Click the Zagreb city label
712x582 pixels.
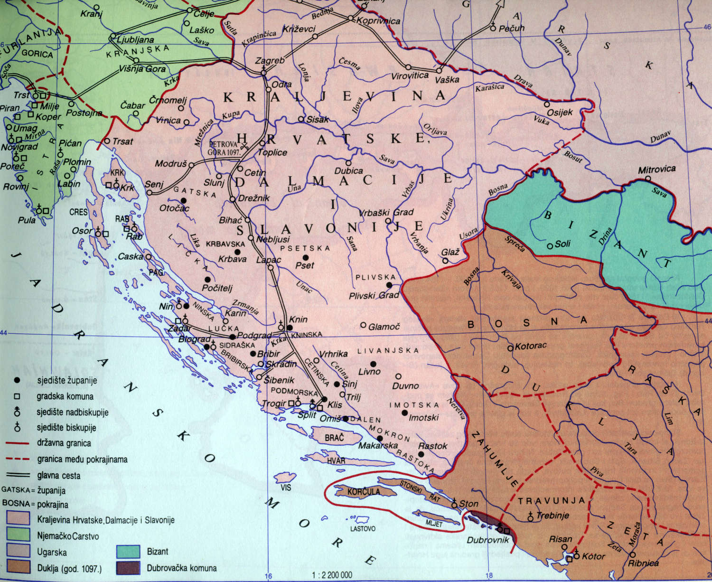click(270, 61)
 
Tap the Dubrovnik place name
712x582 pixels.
click(487, 540)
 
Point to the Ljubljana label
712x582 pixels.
click(135, 40)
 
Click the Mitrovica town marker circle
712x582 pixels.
click(648, 178)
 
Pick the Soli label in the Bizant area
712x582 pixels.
click(562, 244)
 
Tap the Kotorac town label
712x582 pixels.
click(530, 346)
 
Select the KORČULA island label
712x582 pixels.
click(364, 492)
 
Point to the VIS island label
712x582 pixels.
click(285, 488)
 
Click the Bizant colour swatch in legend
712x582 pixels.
click(128, 552)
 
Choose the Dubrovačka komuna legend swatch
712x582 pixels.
click(128, 568)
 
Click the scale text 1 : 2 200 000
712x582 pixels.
click(332, 575)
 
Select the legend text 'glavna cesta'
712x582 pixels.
click(58, 475)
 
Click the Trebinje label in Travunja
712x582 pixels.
click(553, 515)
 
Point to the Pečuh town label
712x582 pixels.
click(512, 28)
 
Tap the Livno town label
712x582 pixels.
click(369, 371)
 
